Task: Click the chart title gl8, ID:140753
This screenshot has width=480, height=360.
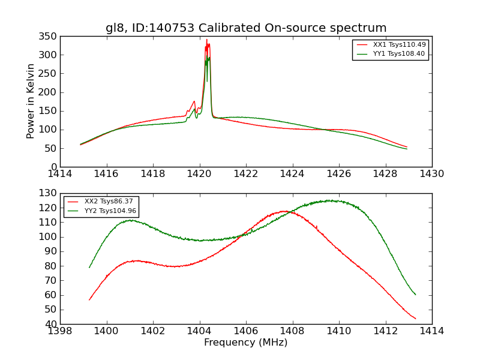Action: [x=246, y=28]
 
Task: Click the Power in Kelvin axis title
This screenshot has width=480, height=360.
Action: [x=31, y=101]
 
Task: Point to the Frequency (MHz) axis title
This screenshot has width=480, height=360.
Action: [x=245, y=343]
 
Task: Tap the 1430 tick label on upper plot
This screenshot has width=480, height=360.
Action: [x=431, y=174]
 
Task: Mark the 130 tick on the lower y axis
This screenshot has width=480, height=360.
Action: [x=49, y=193]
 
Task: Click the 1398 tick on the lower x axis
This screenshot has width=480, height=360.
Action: [x=60, y=331]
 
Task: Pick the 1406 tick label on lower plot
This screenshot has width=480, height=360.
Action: [x=245, y=331]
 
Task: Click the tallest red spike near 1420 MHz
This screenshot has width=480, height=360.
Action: [x=206, y=40]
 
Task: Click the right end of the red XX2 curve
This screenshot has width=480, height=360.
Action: [x=415, y=319]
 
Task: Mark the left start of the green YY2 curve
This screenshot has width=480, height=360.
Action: [x=89, y=267]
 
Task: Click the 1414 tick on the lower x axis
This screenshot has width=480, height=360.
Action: [x=431, y=331]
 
